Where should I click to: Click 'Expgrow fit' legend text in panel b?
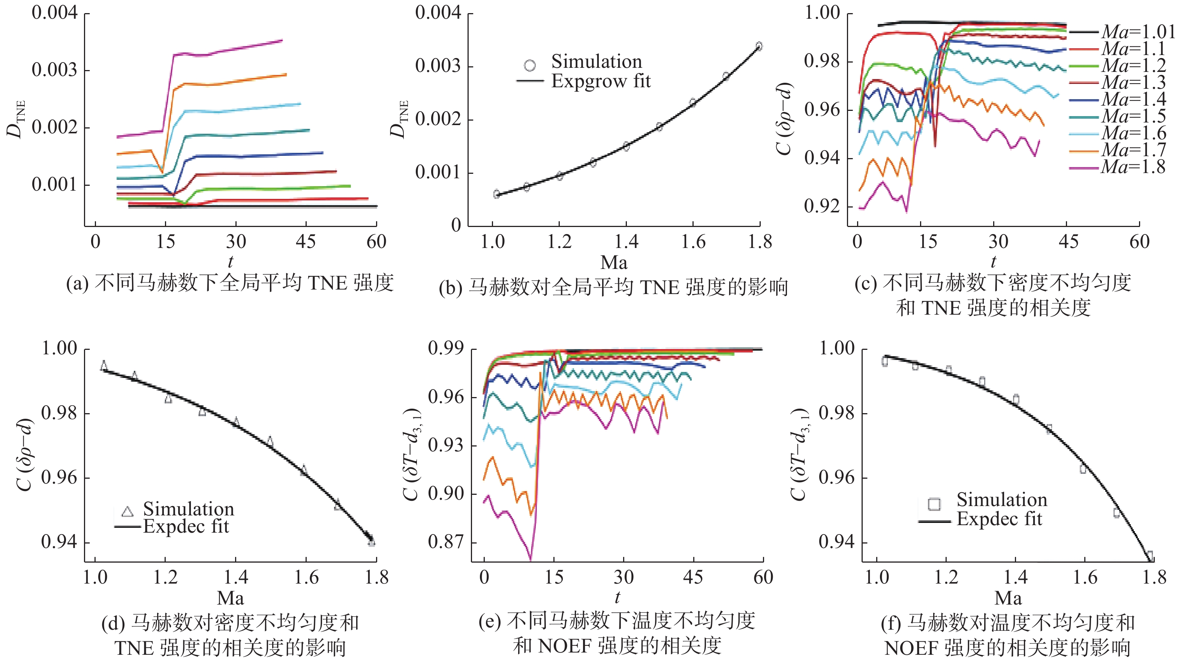[601, 82]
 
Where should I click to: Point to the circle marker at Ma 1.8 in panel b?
[759, 46]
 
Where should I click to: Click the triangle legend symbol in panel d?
[127, 511]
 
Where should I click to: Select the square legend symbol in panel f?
[934, 504]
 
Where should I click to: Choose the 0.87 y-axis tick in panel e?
[446, 542]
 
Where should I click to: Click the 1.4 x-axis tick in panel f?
[1016, 577]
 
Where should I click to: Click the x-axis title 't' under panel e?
[617, 597]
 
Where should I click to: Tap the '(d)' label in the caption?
[113, 624]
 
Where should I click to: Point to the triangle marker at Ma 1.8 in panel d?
[371, 542]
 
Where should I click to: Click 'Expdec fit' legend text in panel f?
[1000, 519]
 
